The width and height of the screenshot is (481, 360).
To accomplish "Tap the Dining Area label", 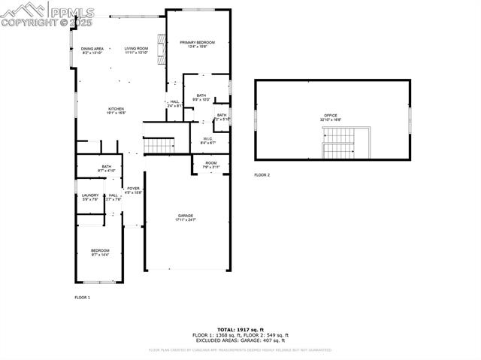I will [x=92, y=50].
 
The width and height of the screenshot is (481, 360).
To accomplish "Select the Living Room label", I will [x=136, y=50].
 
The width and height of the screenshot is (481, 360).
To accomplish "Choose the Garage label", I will [x=186, y=217].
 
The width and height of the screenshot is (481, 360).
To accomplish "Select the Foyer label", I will [x=133, y=190].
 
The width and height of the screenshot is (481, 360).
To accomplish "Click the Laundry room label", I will [x=90, y=197].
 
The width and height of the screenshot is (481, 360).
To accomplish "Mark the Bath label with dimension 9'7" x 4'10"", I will [x=107, y=168].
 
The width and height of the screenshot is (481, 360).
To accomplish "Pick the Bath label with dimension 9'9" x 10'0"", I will [x=201, y=97].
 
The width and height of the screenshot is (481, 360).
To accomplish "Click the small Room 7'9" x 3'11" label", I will [x=210, y=165].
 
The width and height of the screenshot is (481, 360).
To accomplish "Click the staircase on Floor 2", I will [x=341, y=143].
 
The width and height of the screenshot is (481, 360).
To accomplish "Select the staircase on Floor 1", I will [x=159, y=144].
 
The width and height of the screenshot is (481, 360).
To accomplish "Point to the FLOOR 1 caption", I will [x=82, y=298].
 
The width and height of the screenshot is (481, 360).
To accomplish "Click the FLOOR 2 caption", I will [x=262, y=174].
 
